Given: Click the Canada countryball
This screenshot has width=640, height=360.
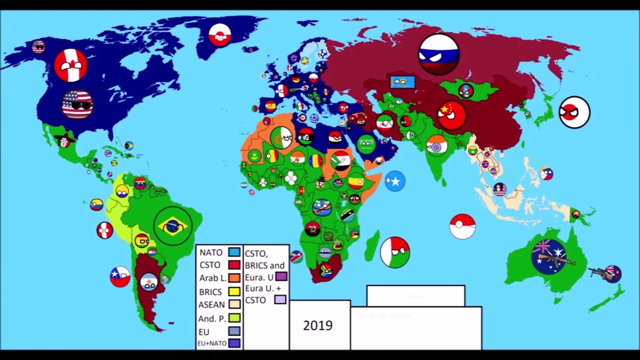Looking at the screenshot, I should [x=70, y=65].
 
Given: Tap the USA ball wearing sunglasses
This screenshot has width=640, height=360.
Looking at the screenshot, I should [x=77, y=104].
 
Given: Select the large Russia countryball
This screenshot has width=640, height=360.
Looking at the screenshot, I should [x=438, y=54].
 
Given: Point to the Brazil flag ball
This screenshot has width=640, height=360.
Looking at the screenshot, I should [x=173, y=226].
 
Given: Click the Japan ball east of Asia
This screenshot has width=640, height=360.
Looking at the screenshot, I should [x=574, y=112].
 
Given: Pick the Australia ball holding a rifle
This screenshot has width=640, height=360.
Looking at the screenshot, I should [x=549, y=256].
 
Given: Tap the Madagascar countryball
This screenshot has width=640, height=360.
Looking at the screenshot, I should [x=395, y=252].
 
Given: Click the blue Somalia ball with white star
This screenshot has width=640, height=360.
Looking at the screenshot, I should [x=395, y=181].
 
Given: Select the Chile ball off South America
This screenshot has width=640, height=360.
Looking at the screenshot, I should [x=120, y=276].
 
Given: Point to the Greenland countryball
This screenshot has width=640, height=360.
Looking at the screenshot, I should [x=220, y=35].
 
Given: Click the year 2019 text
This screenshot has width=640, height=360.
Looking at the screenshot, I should [x=317, y=325].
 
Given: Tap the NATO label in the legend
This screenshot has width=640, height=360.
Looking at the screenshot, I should [x=211, y=252].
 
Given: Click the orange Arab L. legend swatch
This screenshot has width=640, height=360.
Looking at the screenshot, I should [x=234, y=278].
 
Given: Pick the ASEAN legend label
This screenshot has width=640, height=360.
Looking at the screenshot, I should [x=211, y=304].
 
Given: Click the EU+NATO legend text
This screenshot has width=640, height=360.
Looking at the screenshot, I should [x=212, y=343].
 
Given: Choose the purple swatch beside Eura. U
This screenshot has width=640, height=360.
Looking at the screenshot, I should [x=281, y=276].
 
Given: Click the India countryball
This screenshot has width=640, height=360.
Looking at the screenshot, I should [x=436, y=145].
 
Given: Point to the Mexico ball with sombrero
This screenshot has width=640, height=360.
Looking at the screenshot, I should [x=63, y=141].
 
